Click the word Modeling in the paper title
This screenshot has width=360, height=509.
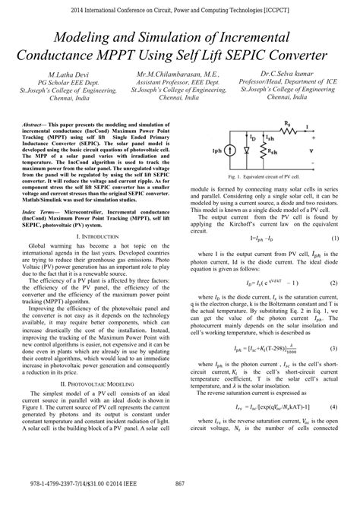(x=86, y=38)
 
